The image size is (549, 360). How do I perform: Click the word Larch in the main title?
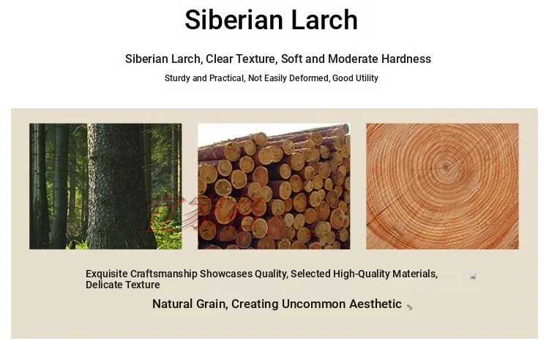coord(324,20)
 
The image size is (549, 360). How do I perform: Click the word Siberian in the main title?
coord(234,20)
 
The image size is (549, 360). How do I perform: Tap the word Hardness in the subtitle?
coord(406,59)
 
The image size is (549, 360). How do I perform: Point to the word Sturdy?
coord(178,78)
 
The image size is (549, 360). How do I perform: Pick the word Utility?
coord(367,78)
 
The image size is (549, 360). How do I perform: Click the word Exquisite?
coord(106,274)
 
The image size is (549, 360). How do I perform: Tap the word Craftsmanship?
coord(164,274)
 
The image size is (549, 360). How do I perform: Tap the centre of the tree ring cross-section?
coord(446,167)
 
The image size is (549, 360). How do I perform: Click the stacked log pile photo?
coord(274,186)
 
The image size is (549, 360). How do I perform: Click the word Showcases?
coord(226,274)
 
